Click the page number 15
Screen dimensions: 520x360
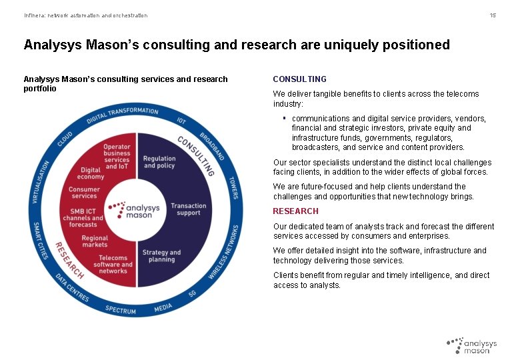tap(493, 15)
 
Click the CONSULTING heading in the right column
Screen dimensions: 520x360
tap(300, 79)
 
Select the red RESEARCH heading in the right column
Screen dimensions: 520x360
tap(296, 211)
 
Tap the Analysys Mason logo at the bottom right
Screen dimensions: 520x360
tap(472, 345)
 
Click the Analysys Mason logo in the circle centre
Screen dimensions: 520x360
tap(135, 210)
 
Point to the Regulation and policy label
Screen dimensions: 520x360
tap(159, 163)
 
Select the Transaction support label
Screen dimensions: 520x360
tap(189, 209)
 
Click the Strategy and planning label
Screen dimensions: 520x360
tap(161, 256)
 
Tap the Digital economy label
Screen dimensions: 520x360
tap(91, 173)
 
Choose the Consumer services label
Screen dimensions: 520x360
tap(84, 193)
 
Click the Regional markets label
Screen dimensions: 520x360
tap(95, 241)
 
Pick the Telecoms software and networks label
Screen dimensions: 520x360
tap(113, 264)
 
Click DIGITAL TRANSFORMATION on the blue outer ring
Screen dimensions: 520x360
tap(123, 115)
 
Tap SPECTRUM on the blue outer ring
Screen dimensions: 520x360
tap(121, 310)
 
